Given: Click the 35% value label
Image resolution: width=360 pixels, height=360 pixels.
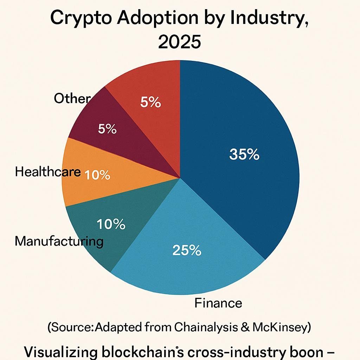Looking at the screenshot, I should (244, 154).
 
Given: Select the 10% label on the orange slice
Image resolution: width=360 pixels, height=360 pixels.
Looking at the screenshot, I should (97, 175).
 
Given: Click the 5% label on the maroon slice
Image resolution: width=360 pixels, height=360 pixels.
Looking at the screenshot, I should (107, 129).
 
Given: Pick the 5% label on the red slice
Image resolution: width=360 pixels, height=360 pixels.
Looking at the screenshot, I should (150, 102).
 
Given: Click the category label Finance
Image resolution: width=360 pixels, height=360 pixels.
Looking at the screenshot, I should (218, 303).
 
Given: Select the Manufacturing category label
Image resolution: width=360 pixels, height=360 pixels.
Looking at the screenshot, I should (59, 241).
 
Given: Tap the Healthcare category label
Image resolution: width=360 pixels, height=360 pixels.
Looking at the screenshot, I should (48, 172).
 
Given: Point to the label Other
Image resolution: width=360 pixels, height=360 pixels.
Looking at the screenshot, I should (72, 99).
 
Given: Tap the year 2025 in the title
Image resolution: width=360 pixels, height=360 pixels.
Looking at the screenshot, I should (180, 43).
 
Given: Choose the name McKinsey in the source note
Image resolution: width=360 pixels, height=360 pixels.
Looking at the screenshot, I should (285, 327).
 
